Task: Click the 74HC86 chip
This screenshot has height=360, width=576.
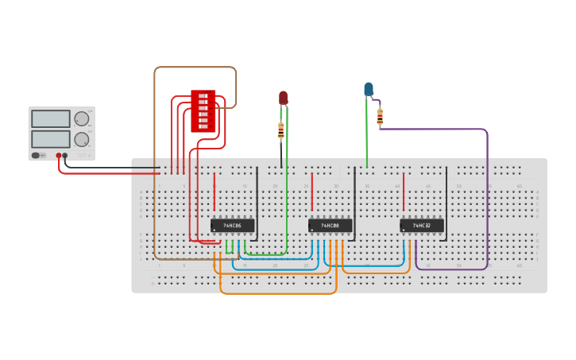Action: click(232, 226)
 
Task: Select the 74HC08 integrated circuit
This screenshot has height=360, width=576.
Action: click(330, 226)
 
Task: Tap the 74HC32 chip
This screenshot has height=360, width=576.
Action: click(421, 226)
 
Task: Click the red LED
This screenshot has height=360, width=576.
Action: click(283, 98)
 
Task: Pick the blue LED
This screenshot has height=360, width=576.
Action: click(369, 89)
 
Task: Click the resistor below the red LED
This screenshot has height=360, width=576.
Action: click(281, 131)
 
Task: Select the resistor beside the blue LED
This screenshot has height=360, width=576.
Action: click(380, 118)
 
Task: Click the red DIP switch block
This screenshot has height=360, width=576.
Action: click(203, 111)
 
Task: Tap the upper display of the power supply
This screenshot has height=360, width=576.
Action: click(51, 118)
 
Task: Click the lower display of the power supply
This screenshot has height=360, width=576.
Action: click(51, 139)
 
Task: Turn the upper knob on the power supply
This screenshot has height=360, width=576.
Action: click(81, 119)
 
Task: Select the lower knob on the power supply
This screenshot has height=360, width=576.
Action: click(81, 139)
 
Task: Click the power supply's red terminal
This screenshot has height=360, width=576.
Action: click(59, 156)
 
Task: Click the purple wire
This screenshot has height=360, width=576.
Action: click(487, 199)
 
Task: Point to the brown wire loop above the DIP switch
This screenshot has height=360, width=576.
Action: click(195, 68)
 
